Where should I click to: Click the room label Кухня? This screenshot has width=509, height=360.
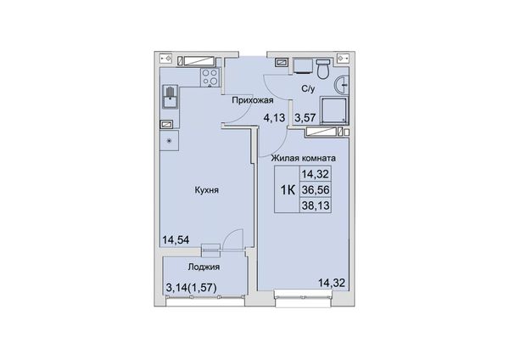click(206, 190)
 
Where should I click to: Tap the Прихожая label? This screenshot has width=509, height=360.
click(253, 100)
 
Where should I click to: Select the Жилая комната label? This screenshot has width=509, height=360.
click(304, 158)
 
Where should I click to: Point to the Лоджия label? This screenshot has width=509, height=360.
click(204, 267)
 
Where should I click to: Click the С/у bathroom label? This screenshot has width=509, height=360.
click(308, 88)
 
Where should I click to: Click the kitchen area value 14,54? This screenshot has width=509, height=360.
click(176, 239)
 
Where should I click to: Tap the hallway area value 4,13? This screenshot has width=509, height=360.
click(274, 117)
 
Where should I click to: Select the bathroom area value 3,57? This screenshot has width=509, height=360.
click(305, 117)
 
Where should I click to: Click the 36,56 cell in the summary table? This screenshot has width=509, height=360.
click(316, 189)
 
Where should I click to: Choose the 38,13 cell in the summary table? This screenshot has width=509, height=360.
click(316, 205)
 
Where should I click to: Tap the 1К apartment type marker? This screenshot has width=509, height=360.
click(288, 190)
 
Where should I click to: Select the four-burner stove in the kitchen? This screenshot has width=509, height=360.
click(210, 77)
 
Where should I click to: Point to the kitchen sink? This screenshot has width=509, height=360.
click(171, 98)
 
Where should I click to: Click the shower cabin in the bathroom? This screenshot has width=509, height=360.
click(333, 110)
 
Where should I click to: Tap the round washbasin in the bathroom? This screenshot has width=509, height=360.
click(342, 85)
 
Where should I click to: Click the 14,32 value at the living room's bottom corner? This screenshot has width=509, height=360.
click(332, 283)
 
